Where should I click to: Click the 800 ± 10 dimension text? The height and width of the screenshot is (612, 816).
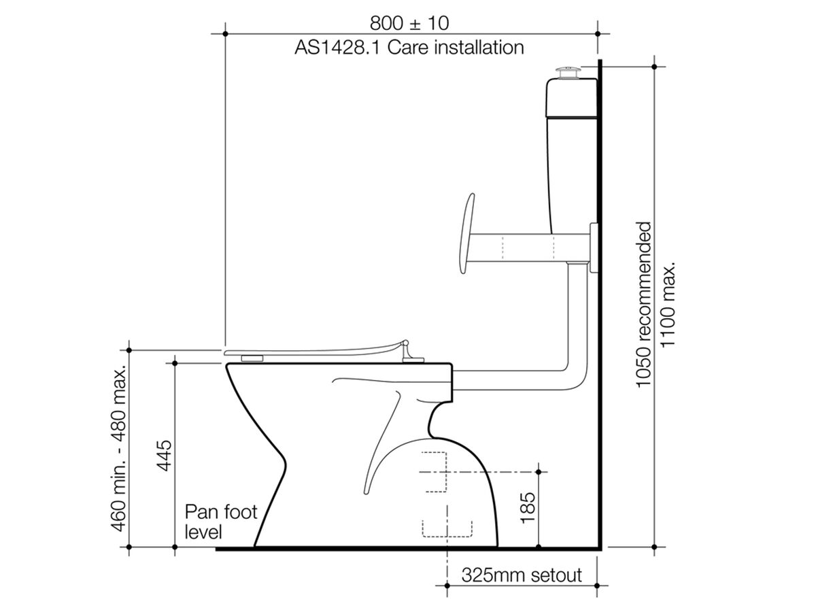point(409,23)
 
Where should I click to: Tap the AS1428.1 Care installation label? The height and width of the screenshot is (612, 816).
point(409,48)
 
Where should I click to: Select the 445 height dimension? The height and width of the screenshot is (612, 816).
point(164,455)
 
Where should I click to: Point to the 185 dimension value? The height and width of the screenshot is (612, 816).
point(527,508)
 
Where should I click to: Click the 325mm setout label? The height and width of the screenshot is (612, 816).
point(521,575)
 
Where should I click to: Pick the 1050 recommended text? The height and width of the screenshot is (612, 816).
point(644,305)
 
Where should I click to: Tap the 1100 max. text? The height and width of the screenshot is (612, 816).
point(668,305)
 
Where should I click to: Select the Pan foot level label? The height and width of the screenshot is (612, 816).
point(221,522)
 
